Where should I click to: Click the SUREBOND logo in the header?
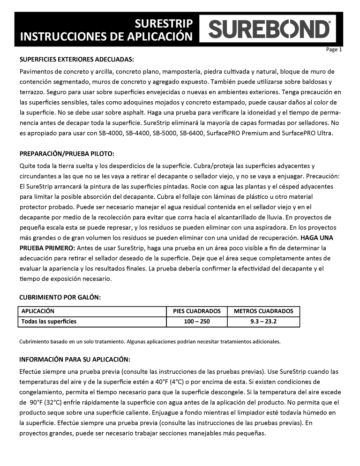[269, 29]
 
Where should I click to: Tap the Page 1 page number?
[334, 50]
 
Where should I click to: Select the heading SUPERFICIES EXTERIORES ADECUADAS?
[77, 60]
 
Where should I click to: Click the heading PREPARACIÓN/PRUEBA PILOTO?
[67, 154]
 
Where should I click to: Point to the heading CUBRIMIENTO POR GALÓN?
[60, 297]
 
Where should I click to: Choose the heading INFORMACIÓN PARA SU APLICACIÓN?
[75, 360]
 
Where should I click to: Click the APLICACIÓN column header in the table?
[38, 311]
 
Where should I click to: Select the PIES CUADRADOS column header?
[197, 311]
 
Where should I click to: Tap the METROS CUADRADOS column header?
[263, 311]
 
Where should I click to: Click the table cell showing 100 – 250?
[197, 322]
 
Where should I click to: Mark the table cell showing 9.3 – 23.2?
[263, 322]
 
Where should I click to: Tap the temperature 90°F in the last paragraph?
[39, 402]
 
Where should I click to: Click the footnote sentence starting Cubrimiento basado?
[150, 341]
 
